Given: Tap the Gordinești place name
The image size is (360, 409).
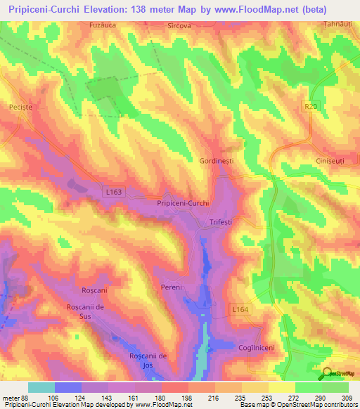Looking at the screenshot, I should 221,161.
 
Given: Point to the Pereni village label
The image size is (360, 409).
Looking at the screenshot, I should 171,287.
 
